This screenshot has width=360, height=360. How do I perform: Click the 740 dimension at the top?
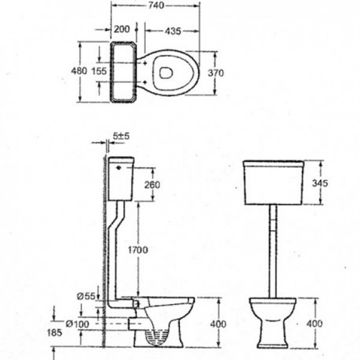pyautogui.click(x=156, y=5)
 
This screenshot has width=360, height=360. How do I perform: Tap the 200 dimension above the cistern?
pyautogui.click(x=122, y=29)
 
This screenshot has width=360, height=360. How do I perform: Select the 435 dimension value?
pyautogui.click(x=173, y=31)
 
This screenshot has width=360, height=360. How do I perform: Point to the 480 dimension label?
pyautogui.click(x=79, y=71)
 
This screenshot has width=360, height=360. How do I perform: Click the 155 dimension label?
pyautogui.click(x=99, y=71)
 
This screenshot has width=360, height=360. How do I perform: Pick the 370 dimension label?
pyautogui.click(x=216, y=73)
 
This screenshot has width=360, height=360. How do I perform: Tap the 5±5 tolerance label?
pyautogui.click(x=121, y=136)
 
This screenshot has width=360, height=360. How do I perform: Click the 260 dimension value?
pyautogui.click(x=152, y=185)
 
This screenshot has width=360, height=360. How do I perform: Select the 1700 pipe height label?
pyautogui.click(x=138, y=250)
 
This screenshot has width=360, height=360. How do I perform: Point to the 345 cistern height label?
pyautogui.click(x=320, y=183)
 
